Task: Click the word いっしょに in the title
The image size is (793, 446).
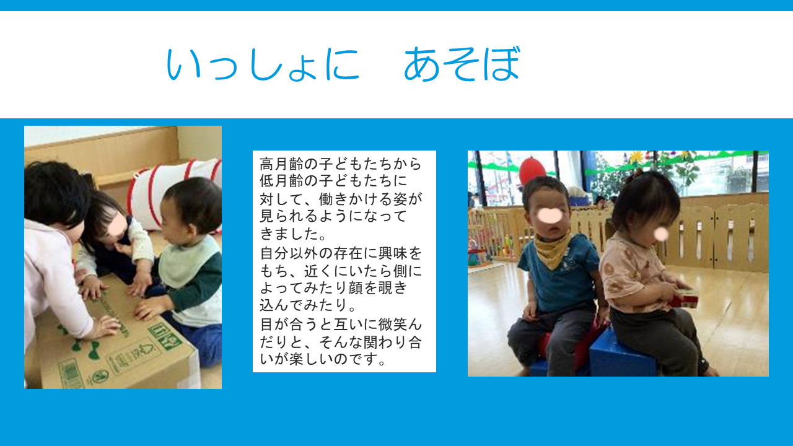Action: coord(263,64)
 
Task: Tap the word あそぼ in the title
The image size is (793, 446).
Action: coord(462,64)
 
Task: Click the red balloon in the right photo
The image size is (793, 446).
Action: coord(532,171)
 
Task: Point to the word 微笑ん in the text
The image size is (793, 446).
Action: coord(400,324)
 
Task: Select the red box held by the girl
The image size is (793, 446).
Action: coord(685,298)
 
